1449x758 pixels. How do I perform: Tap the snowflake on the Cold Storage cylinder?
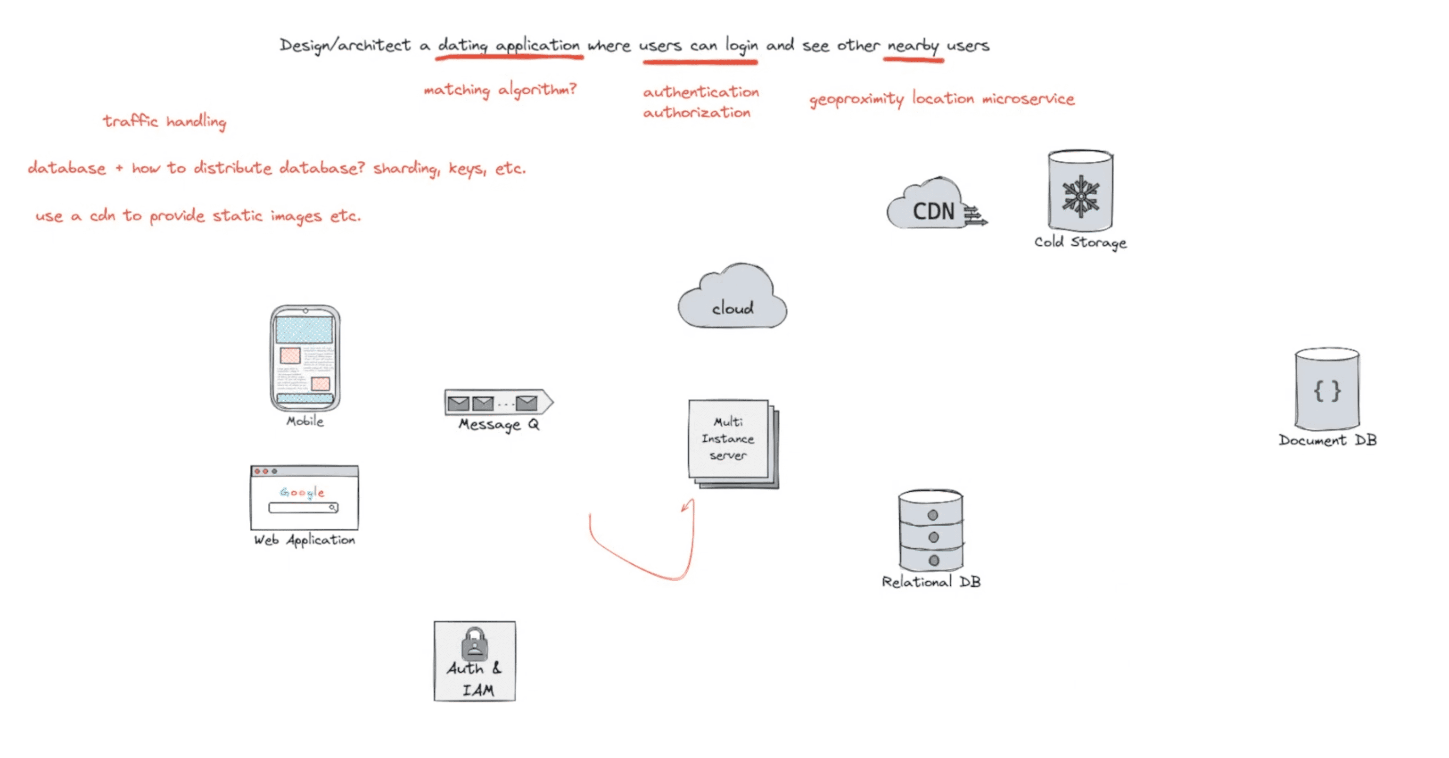pos(1080,196)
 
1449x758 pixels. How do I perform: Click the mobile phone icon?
pos(305,358)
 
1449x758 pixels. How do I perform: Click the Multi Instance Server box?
pos(733,444)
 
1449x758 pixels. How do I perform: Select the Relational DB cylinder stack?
pos(931,530)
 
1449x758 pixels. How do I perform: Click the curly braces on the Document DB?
pos(1327,390)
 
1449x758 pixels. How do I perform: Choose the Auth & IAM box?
pos(475,661)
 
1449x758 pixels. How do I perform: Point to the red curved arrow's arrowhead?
pos(687,505)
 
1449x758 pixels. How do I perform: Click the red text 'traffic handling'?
pos(164,122)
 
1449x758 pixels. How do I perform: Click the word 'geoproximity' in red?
pos(856,99)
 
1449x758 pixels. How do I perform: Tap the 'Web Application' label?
pos(305,540)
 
